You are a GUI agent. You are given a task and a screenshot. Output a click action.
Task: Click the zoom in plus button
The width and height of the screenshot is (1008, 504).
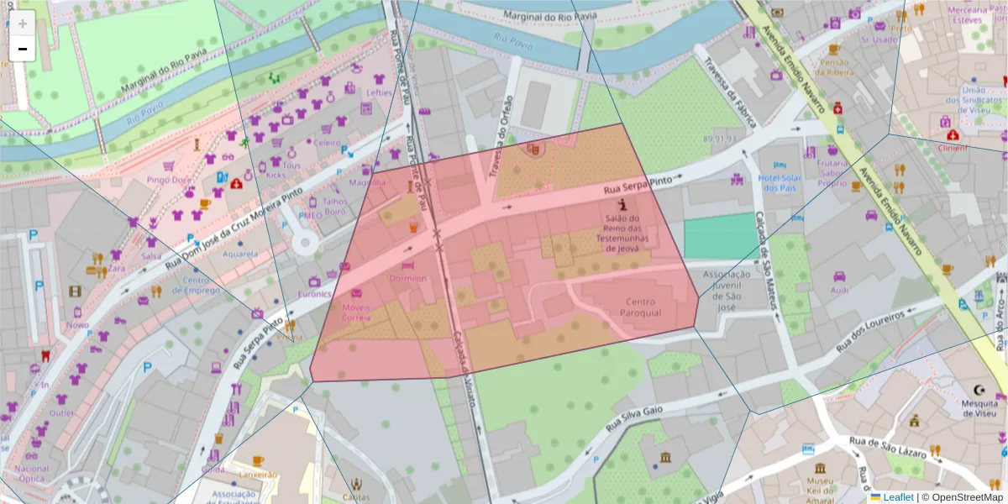pos(23,24)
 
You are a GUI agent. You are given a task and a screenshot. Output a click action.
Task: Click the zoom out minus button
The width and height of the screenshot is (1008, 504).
pos(23,49)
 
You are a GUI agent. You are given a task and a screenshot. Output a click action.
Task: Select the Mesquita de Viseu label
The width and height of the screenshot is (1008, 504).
pos(979,408)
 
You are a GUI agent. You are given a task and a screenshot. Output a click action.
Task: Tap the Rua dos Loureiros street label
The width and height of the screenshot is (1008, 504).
pos(874,330)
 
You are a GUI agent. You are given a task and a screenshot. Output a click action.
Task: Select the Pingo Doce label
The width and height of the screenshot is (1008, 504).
pos(169,180)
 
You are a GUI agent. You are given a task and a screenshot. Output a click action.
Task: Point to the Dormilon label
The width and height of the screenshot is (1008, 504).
pos(407,278)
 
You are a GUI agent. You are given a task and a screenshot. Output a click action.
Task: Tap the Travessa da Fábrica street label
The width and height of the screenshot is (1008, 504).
pos(730,92)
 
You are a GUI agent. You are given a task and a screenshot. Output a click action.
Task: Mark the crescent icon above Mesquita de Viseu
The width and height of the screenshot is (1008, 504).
pos(979,390)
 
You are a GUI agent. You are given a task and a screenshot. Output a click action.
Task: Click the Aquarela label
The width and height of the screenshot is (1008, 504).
pos(240,254)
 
